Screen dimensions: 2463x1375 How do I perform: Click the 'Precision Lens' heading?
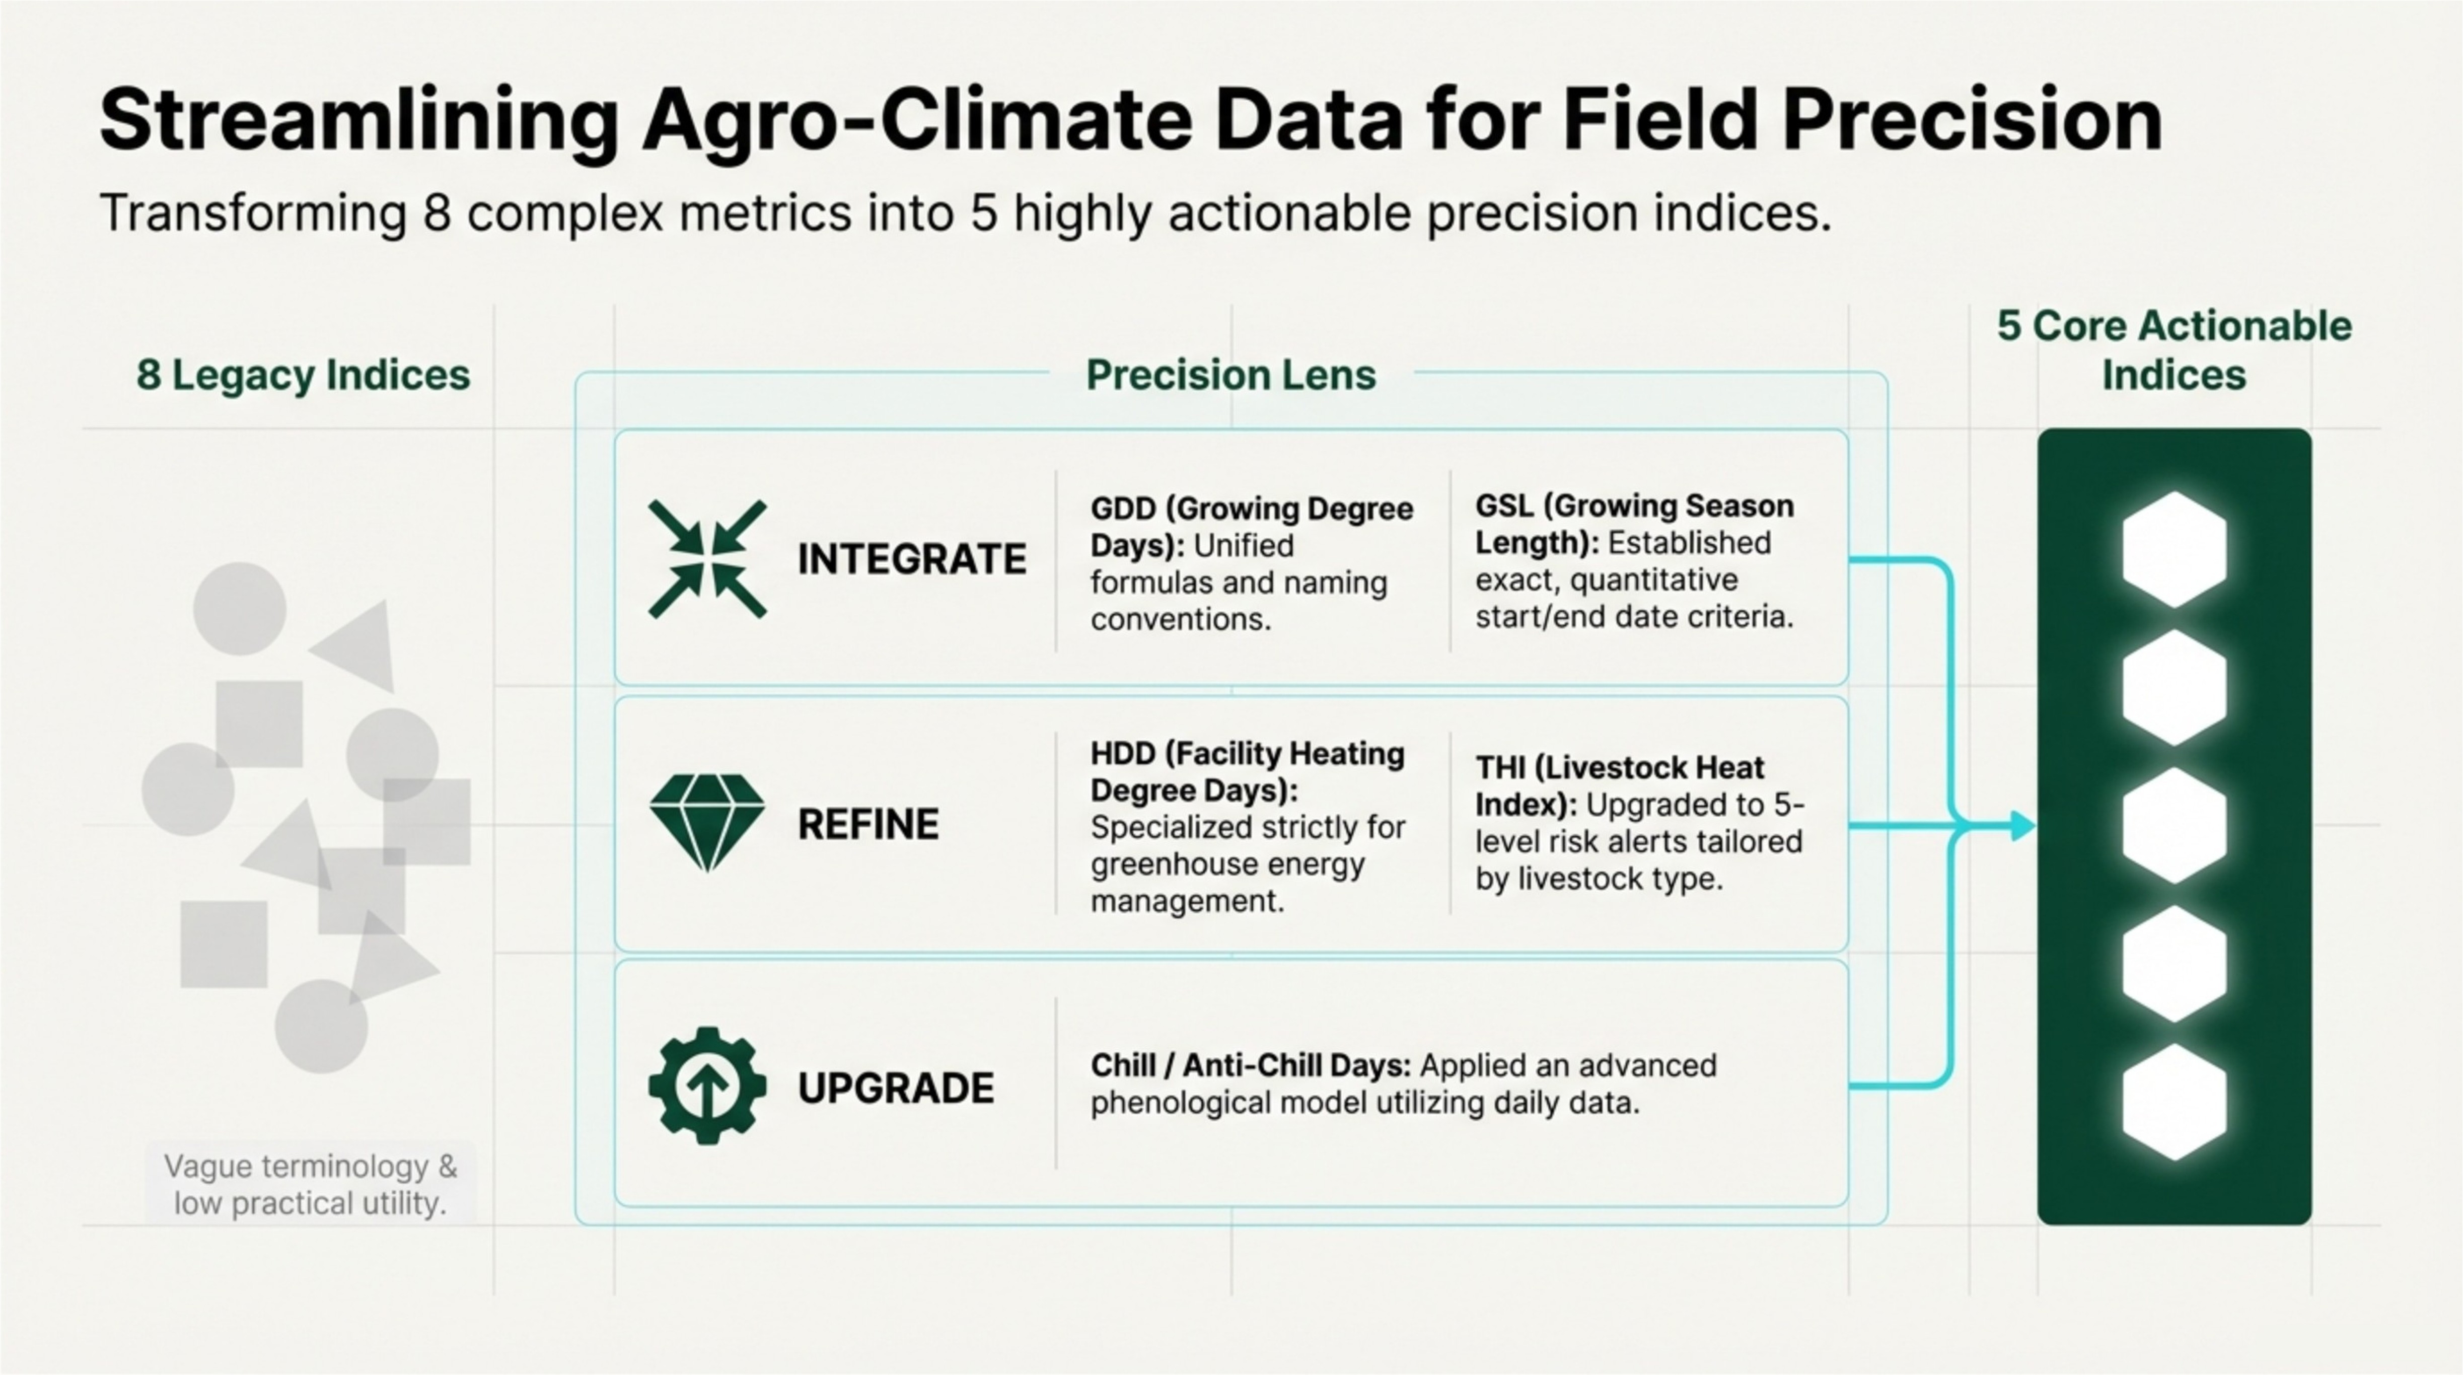(x=1230, y=375)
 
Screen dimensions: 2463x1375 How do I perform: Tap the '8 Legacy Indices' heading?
(x=303, y=375)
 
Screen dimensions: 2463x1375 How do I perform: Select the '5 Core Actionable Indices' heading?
(x=2174, y=350)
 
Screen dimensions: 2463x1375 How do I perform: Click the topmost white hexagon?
(x=2174, y=550)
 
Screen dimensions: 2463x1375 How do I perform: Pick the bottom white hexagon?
(x=2174, y=1102)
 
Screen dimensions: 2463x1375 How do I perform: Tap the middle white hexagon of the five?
(x=2174, y=825)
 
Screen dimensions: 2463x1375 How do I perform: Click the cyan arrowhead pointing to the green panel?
(x=2021, y=825)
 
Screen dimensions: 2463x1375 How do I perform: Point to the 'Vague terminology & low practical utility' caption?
(x=310, y=1184)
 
